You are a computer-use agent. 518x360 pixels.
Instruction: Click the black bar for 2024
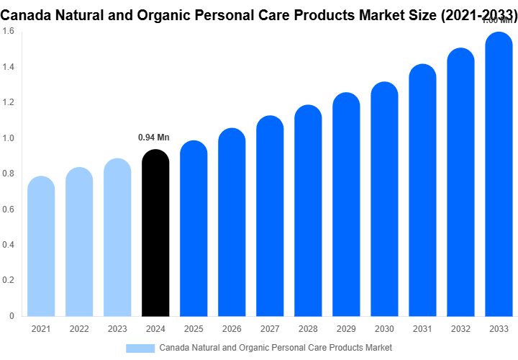[x=155, y=234]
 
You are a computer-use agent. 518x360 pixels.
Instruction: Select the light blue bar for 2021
[x=41, y=246]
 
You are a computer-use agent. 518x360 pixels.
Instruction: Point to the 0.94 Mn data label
[x=153, y=138]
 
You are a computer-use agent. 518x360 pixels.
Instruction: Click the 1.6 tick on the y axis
[x=8, y=32]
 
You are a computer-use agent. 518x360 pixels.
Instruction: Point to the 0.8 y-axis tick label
[x=8, y=174]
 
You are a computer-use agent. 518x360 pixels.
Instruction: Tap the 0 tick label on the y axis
[x=11, y=315]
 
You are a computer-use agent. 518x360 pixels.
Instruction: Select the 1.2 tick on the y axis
[x=8, y=103]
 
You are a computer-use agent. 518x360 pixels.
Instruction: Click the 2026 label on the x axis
[x=232, y=329]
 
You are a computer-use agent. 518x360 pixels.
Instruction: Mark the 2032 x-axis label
[x=460, y=329]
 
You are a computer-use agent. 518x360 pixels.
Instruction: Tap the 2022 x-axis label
[x=79, y=329]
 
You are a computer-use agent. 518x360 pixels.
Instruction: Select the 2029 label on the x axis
[x=346, y=329]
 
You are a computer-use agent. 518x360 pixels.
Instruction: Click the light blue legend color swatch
[x=140, y=348]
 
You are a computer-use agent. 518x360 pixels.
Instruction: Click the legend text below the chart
[x=275, y=348]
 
